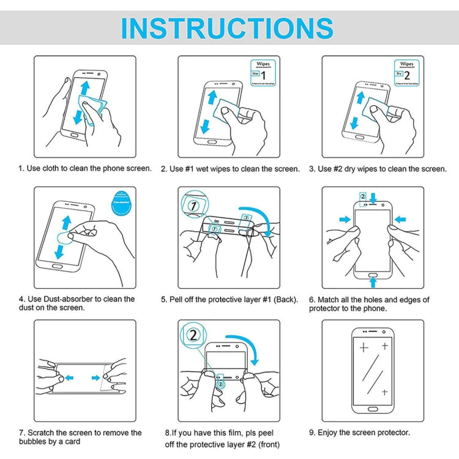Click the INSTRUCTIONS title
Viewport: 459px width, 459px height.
pos(227,28)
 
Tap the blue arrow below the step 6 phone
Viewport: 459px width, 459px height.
pos(373,281)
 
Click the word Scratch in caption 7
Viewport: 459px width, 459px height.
pos(42,433)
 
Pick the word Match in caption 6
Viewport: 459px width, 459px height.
pos(330,300)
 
